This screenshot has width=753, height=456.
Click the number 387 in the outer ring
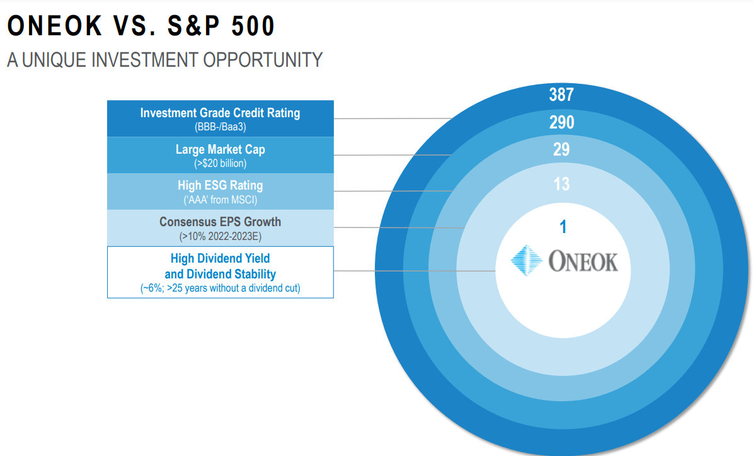pos(561,94)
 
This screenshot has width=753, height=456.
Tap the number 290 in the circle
pos(561,122)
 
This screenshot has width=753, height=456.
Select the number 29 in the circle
pos(561,150)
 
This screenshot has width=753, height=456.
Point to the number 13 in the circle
pos(561,184)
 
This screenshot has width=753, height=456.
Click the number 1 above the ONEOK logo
pos(563,227)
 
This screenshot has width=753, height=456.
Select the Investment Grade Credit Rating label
pos(220,113)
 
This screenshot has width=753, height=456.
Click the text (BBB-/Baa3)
pos(220,127)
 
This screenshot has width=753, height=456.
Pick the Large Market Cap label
pos(220,150)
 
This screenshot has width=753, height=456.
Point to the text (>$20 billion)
pos(220,163)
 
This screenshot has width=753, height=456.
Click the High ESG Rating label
pos(220,186)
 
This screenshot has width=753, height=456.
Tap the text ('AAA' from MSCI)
pos(220,199)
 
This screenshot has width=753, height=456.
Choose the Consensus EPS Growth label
pos(220,222)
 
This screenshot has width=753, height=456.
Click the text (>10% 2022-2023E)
pos(220,236)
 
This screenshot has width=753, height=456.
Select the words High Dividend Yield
pos(220,258)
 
